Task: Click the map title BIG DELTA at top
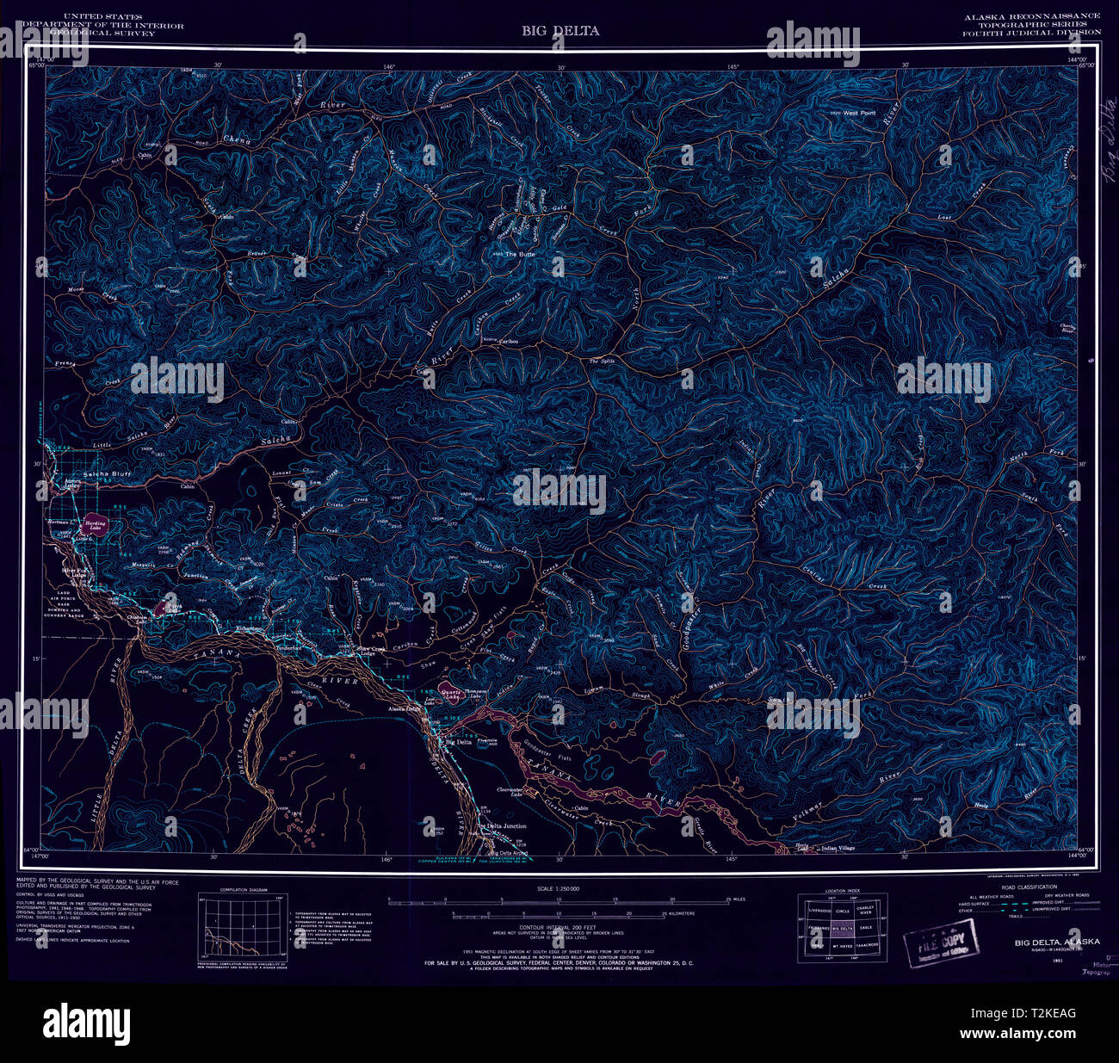[559, 31]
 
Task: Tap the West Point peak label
[858, 113]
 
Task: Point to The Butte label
[521, 254]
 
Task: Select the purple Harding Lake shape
[95, 525]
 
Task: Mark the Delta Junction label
[502, 826]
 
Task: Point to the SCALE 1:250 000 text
[559, 888]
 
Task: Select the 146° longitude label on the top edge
[389, 66]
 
